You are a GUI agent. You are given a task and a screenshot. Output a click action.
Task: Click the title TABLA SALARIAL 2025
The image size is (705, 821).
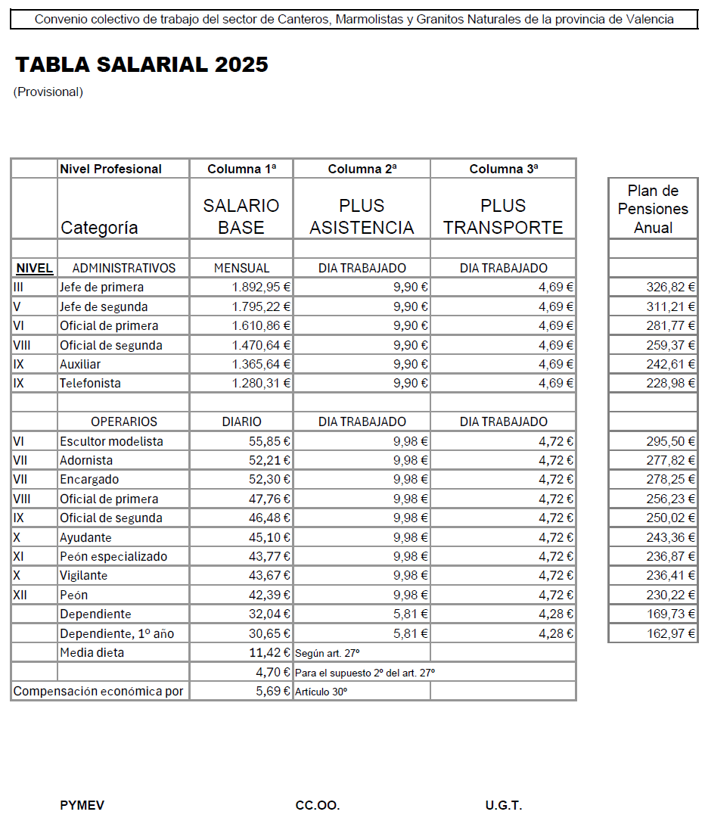(142, 65)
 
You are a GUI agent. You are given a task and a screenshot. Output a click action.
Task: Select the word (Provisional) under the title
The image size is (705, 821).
(48, 92)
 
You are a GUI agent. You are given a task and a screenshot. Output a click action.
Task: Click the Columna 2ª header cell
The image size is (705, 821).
(362, 169)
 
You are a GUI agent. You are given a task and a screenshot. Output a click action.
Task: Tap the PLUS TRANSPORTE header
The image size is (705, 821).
(503, 216)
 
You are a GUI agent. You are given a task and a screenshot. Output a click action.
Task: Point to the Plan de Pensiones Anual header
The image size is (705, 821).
(653, 209)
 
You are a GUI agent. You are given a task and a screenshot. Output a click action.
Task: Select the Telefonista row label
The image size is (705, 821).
(90, 384)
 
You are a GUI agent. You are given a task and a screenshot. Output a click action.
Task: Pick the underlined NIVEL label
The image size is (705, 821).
(34, 269)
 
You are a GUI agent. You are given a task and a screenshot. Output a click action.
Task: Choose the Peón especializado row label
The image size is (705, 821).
(113, 557)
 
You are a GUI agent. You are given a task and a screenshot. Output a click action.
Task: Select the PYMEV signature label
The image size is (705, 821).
(82, 805)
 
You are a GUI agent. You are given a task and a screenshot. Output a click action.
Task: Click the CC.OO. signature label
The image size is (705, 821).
(318, 805)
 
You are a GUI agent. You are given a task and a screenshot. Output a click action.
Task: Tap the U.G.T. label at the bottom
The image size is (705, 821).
(504, 805)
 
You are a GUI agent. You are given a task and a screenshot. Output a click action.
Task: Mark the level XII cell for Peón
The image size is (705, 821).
(20, 595)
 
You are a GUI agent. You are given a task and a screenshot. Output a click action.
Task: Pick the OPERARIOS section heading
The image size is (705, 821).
(124, 422)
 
